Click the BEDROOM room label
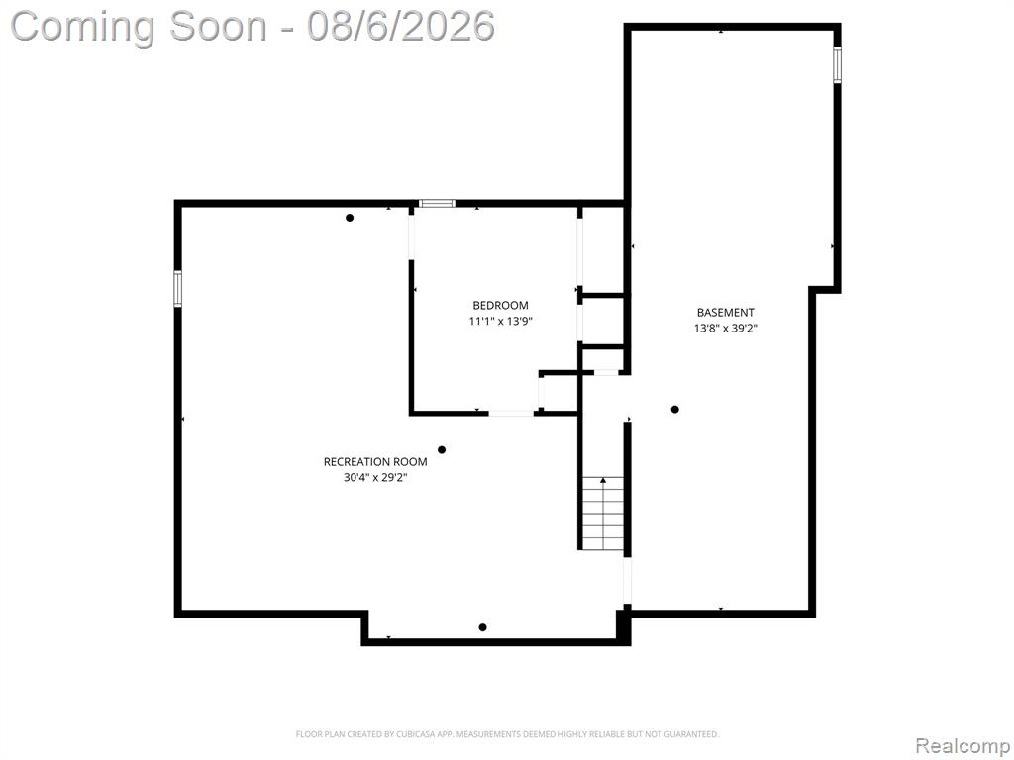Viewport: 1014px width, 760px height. (x=500, y=305)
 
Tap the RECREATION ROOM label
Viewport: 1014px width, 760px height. (x=375, y=462)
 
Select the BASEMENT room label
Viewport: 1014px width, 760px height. (x=725, y=313)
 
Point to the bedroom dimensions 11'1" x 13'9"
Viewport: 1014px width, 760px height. (x=500, y=321)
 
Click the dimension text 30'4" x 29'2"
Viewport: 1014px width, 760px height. (x=375, y=478)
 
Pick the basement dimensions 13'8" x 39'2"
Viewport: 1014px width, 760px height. (x=725, y=329)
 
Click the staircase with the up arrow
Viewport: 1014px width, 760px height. (x=603, y=514)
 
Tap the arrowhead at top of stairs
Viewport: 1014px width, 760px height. (x=603, y=480)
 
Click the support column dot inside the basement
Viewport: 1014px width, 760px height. (x=674, y=409)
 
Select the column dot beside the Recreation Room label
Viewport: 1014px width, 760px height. (x=442, y=450)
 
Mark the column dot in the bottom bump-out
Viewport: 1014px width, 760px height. (x=482, y=627)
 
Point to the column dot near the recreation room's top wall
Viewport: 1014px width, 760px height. (x=350, y=218)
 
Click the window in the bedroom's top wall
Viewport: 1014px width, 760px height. (x=437, y=204)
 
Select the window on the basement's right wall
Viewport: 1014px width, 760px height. (x=837, y=65)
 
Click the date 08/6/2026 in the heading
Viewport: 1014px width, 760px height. (x=401, y=27)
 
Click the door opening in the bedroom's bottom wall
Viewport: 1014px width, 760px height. (x=511, y=413)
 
